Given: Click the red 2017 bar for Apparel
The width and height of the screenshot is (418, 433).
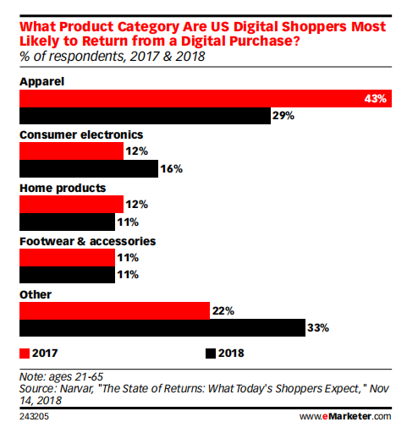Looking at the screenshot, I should (x=203, y=98).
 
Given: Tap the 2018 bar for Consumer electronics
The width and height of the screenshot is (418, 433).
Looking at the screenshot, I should (x=88, y=169).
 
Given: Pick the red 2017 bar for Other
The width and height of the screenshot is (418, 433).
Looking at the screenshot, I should (x=113, y=310).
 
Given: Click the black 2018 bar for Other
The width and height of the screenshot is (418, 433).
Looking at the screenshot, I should (x=162, y=328).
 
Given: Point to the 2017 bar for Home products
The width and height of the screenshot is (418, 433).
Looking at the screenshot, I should (x=70, y=204).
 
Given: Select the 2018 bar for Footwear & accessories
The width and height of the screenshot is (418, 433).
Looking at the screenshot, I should (x=66, y=275).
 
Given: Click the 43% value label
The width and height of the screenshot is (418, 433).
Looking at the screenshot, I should (x=376, y=99).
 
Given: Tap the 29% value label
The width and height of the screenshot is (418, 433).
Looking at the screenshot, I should (x=283, y=116).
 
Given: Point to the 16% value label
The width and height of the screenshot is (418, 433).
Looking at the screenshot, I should (x=173, y=169).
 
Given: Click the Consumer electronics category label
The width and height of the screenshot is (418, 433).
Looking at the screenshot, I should (x=80, y=134).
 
